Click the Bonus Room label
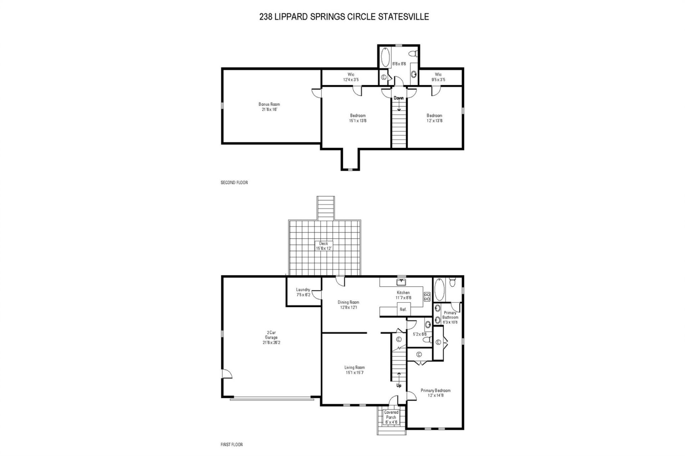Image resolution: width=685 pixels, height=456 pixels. click(269, 104)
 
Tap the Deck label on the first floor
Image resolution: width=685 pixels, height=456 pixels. click(324, 244)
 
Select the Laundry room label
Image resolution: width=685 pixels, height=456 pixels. click(303, 290)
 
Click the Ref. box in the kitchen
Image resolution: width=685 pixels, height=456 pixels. click(403, 309)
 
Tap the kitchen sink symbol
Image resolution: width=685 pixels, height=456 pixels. click(401, 282)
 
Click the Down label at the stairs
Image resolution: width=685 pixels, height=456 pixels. click(399, 98)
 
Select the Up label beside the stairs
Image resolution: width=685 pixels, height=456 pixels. click(399, 385)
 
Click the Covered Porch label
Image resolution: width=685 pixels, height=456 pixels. click(391, 415)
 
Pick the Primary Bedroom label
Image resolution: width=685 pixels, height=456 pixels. click(435, 390)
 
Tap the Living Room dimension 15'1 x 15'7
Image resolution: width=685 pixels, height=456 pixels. click(354, 373)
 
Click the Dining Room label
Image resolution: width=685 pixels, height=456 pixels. click(348, 302)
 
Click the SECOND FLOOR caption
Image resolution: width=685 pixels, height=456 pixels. click(234, 183)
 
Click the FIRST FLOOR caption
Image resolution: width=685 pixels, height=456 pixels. click(232, 445)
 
